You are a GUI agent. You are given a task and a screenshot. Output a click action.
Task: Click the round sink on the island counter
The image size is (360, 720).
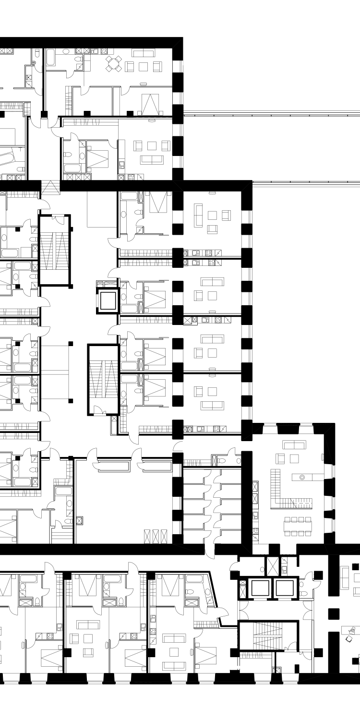[x=302, y=477]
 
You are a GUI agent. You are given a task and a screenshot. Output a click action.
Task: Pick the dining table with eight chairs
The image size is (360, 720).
[x=298, y=526]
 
